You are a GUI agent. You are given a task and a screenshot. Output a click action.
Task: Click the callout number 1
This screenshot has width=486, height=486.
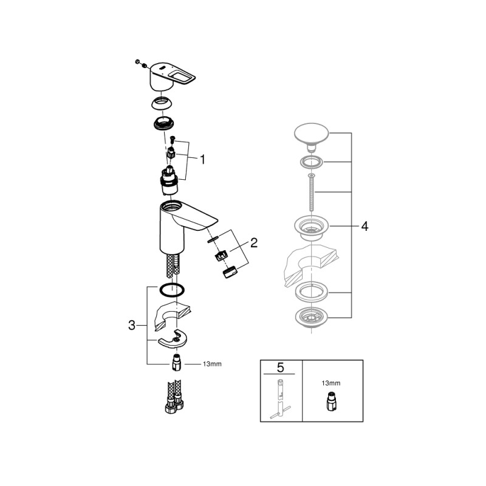[x=202, y=160]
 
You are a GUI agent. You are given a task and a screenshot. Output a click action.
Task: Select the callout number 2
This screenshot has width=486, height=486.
[x=254, y=244]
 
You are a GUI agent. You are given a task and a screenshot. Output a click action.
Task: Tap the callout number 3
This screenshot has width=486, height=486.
[x=131, y=325]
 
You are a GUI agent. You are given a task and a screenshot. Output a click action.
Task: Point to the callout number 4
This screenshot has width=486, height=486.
[x=364, y=227]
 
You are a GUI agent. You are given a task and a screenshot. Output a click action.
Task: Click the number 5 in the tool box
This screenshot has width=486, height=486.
[x=281, y=368]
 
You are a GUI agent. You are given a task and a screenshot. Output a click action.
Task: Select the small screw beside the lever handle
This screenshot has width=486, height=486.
[x=139, y=62]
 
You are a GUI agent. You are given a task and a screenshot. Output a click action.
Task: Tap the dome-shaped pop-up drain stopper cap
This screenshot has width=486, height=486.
[x=310, y=134]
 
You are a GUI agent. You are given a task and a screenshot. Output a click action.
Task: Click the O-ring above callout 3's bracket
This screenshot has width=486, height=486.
[x=173, y=289]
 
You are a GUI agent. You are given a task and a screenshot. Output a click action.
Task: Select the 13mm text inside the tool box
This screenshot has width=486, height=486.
[x=332, y=384]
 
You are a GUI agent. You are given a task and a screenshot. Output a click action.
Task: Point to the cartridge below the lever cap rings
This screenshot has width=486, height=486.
[x=169, y=179]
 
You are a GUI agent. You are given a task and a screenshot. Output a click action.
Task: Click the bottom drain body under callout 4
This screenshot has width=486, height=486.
[x=310, y=317]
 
